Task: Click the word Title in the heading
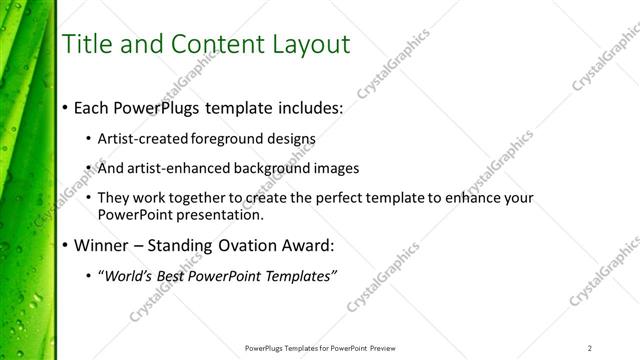[x=86, y=45]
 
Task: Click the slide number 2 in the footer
[x=590, y=348]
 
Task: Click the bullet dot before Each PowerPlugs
[x=65, y=107]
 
